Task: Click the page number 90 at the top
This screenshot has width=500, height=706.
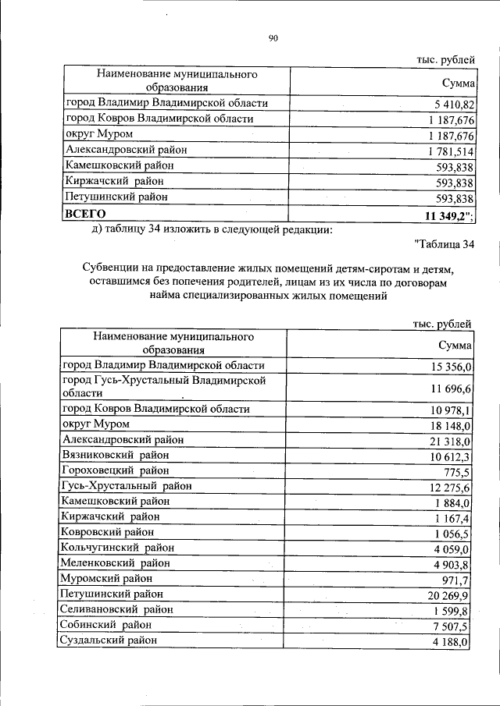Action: (273, 37)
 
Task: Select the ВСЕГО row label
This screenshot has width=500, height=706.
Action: (85, 212)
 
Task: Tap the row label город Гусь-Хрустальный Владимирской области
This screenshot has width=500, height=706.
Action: (170, 386)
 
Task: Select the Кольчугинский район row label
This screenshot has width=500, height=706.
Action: (116, 547)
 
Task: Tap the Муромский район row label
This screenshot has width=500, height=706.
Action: (107, 578)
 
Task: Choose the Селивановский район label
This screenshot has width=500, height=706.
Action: (116, 608)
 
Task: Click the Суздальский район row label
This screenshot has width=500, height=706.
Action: (109, 640)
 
